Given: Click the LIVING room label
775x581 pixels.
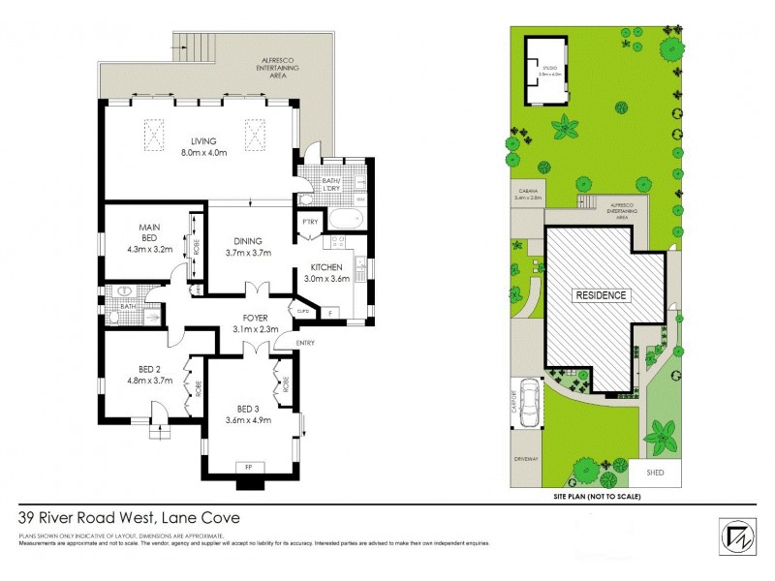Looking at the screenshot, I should coord(202,141).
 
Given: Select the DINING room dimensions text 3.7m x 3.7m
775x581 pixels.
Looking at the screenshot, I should coord(247,253).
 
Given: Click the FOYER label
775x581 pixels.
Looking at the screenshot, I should coord(256,318).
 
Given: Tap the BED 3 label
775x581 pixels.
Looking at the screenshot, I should coord(247,409).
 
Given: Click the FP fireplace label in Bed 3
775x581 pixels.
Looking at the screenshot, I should coord(250,467).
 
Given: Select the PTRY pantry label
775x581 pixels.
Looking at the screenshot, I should coord(310,222).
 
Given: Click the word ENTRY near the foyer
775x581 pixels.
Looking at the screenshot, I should coord(305,342).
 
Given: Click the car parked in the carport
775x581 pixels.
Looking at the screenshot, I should coord(529,404).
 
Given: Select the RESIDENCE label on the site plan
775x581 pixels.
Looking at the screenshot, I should coord(603,295).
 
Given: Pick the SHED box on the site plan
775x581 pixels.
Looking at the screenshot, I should coord(655,472).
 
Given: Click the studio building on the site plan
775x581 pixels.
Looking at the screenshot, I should coord(544,71).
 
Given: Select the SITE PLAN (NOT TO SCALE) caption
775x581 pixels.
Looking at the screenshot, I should coord(596,496).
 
